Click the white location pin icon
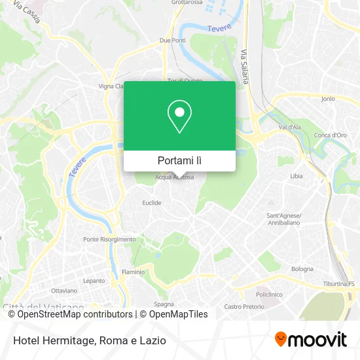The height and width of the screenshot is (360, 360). (179, 116)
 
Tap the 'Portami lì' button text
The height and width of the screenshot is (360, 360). (179, 160)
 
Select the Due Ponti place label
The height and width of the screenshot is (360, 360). (173, 41)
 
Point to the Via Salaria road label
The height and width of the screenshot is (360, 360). (245, 67)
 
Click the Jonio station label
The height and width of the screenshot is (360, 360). (328, 99)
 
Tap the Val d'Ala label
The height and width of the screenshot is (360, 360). (289, 127)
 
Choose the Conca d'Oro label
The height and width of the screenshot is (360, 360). (330, 135)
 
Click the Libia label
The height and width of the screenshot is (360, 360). (297, 176)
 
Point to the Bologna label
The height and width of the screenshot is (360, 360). (302, 269)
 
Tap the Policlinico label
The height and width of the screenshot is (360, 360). (269, 295)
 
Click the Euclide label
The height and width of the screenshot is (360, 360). (152, 203)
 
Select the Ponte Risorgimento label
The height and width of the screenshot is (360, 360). (109, 240)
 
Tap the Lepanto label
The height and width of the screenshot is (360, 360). (94, 281)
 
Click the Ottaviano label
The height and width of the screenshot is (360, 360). (64, 290)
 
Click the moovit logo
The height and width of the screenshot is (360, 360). (311, 340)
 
